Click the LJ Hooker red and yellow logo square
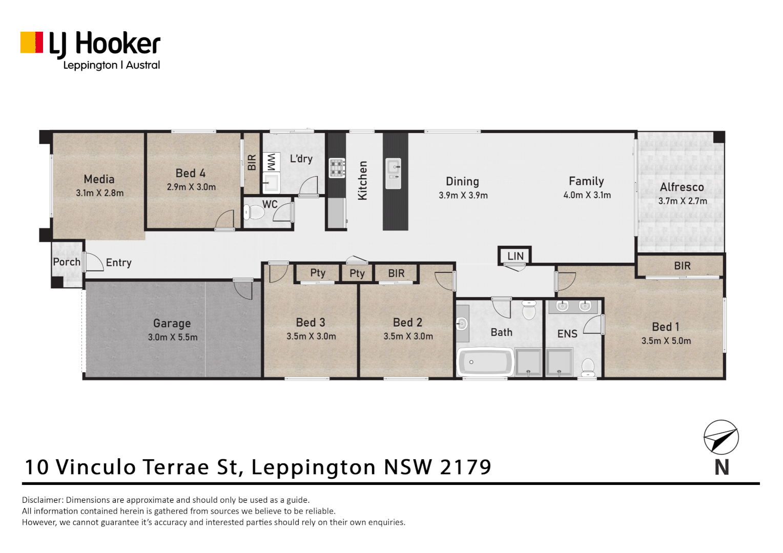point(31,42)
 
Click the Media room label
point(99,179)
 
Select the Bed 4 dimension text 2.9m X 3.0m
point(191,187)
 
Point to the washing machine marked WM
point(271,162)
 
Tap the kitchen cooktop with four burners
point(337,168)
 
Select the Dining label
point(462,182)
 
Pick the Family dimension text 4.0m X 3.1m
point(587,195)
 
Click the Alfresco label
point(682,187)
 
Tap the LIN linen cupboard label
point(516,256)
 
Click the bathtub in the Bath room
point(485,363)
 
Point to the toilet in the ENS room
point(588,366)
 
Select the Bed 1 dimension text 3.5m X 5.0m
point(666,341)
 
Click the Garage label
point(172,324)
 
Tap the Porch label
point(67,262)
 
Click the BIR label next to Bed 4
point(252,163)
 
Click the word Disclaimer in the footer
point(42,500)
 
